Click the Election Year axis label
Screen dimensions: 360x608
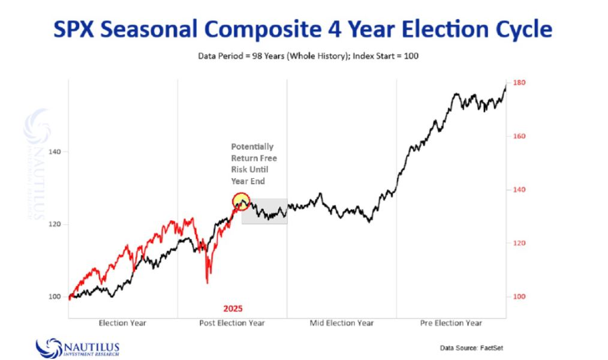122,323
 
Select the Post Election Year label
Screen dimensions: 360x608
232,323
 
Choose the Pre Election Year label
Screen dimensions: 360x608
451,323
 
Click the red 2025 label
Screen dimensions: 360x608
233,308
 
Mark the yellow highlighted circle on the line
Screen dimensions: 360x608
241,201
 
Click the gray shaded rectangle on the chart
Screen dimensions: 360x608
264,211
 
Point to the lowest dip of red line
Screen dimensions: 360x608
207,283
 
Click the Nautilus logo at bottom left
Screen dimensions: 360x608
78,349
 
